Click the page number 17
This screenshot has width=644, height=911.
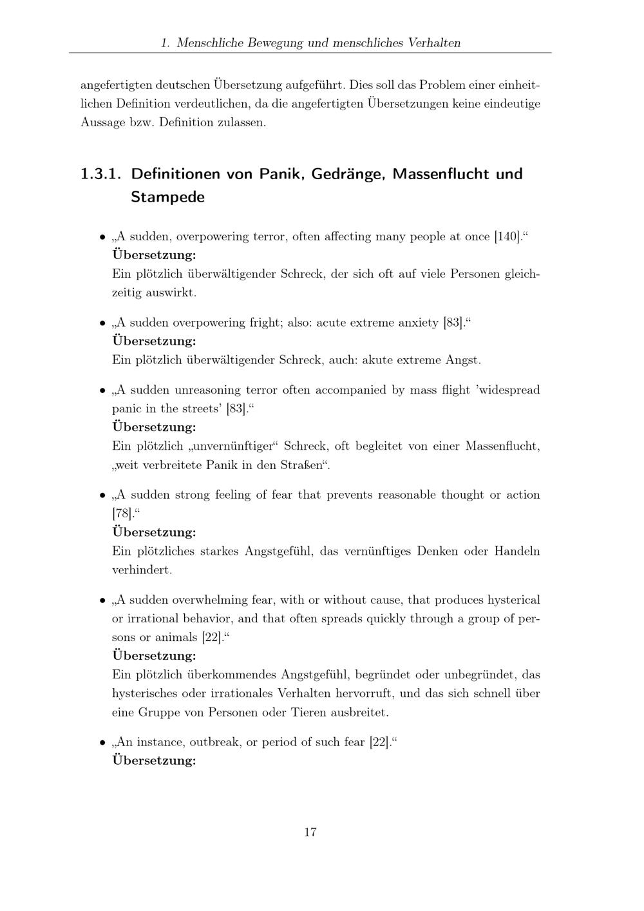click(310, 832)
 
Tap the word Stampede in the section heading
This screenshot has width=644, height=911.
click(167, 197)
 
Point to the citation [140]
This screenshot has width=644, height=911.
click(507, 236)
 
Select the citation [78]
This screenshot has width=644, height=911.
click(122, 513)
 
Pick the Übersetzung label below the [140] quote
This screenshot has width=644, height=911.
click(154, 254)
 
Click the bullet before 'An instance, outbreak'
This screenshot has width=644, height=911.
click(102, 743)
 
